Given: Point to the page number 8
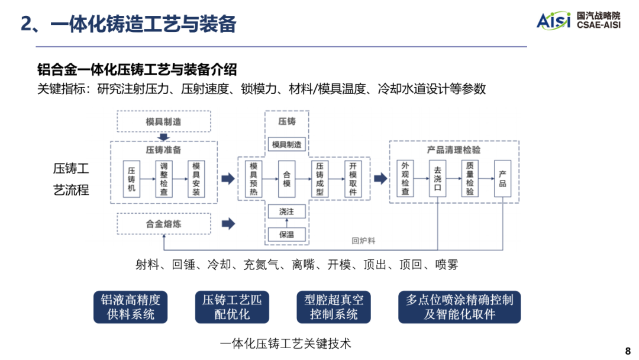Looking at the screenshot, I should [x=628, y=349].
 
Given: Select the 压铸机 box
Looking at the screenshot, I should [x=131, y=179].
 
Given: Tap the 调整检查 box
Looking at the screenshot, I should [x=164, y=179].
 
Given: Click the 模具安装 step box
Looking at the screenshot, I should [x=196, y=179].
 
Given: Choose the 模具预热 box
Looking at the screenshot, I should [x=254, y=179].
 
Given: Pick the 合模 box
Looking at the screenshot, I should [x=287, y=179].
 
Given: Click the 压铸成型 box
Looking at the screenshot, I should [x=319, y=179].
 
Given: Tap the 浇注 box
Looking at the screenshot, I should [x=286, y=211].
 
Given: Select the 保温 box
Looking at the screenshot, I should [x=286, y=234].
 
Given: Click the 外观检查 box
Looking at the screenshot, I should [x=405, y=179].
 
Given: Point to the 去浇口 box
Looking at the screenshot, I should [x=438, y=179].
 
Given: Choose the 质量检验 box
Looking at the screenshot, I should [x=470, y=179].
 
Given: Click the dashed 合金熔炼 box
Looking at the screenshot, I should [x=163, y=224].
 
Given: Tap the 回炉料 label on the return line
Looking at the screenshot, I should [x=363, y=241].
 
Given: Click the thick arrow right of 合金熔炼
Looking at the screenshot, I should [x=228, y=224].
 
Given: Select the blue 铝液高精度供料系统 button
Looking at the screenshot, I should [x=130, y=307].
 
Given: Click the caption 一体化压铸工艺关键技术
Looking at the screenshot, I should [x=285, y=343].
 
